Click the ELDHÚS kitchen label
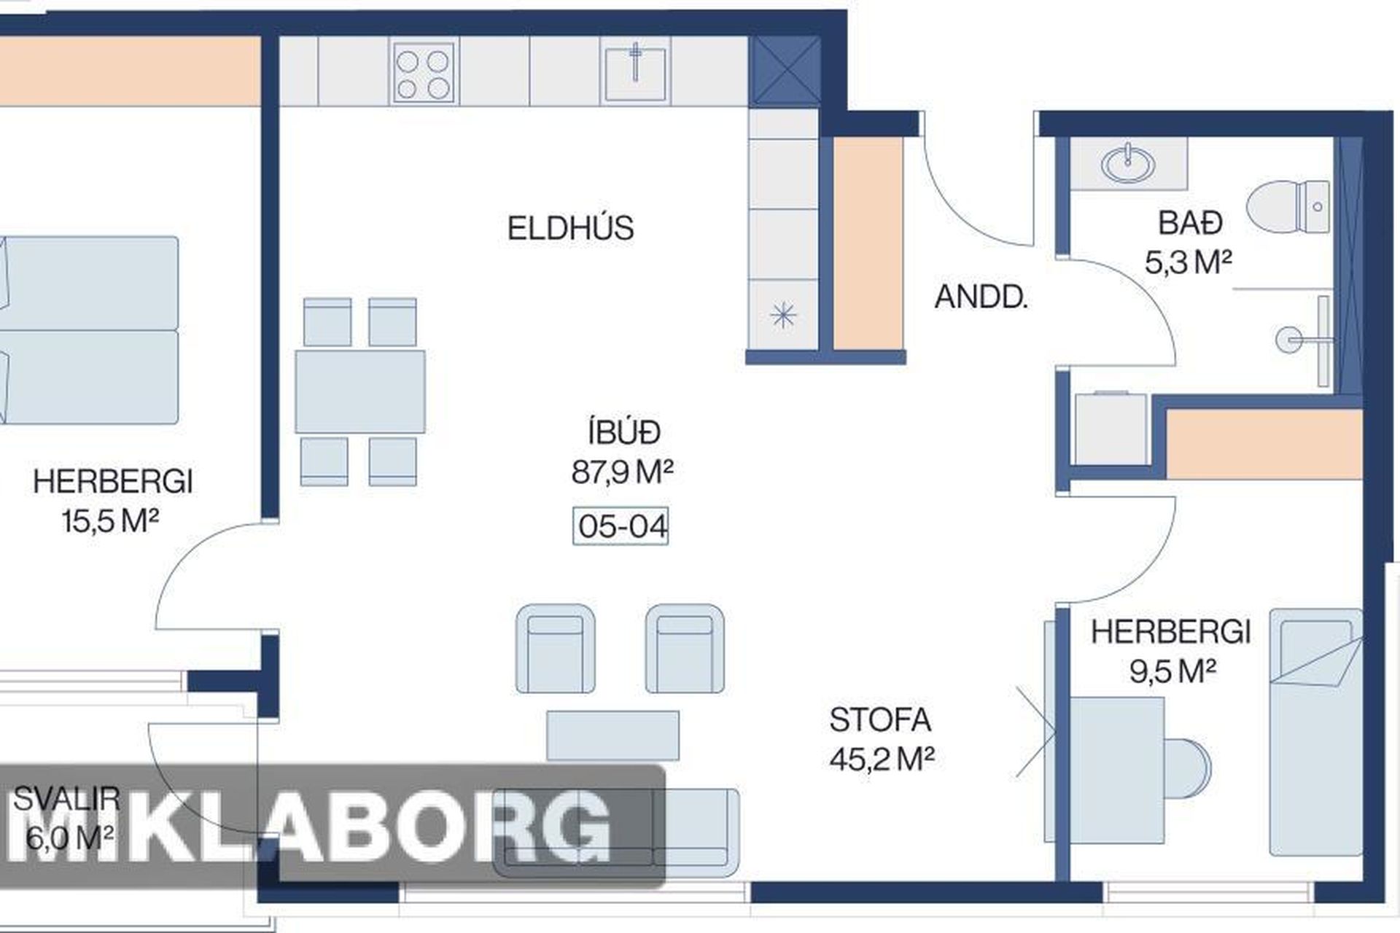(570, 228)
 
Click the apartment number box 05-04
(621, 526)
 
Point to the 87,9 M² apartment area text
(622, 472)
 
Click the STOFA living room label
(880, 720)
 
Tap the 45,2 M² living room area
(882, 759)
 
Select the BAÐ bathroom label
(1190, 223)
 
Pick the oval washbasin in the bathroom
(1128, 163)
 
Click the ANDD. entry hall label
(981, 297)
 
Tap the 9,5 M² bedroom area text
(1172, 671)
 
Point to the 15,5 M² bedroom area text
(110, 520)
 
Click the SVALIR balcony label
(66, 799)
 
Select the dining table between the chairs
(360, 391)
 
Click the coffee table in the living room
(612, 736)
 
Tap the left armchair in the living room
(556, 648)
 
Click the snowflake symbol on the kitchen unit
(783, 316)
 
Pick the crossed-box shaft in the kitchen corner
(786, 71)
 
